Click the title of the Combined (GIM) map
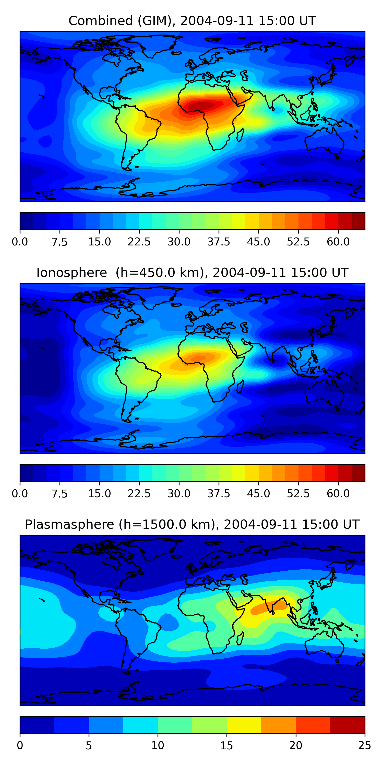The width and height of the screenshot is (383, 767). (x=192, y=21)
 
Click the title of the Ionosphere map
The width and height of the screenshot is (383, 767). (x=192, y=273)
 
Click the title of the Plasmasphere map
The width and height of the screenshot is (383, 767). (x=192, y=524)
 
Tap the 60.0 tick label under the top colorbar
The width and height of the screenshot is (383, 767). (x=338, y=242)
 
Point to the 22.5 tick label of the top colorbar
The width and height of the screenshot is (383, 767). (x=139, y=242)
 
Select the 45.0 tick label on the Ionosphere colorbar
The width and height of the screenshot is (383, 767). (x=258, y=493)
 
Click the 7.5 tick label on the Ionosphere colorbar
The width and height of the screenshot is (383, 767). (x=60, y=493)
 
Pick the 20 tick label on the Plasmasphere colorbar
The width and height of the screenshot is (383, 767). (x=296, y=745)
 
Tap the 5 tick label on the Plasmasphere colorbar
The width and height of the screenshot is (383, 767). (x=89, y=745)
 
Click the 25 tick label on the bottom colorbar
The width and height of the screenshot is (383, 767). (x=365, y=745)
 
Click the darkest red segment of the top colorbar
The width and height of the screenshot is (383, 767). (x=358, y=221)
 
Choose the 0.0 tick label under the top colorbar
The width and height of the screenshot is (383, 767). (x=20, y=242)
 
